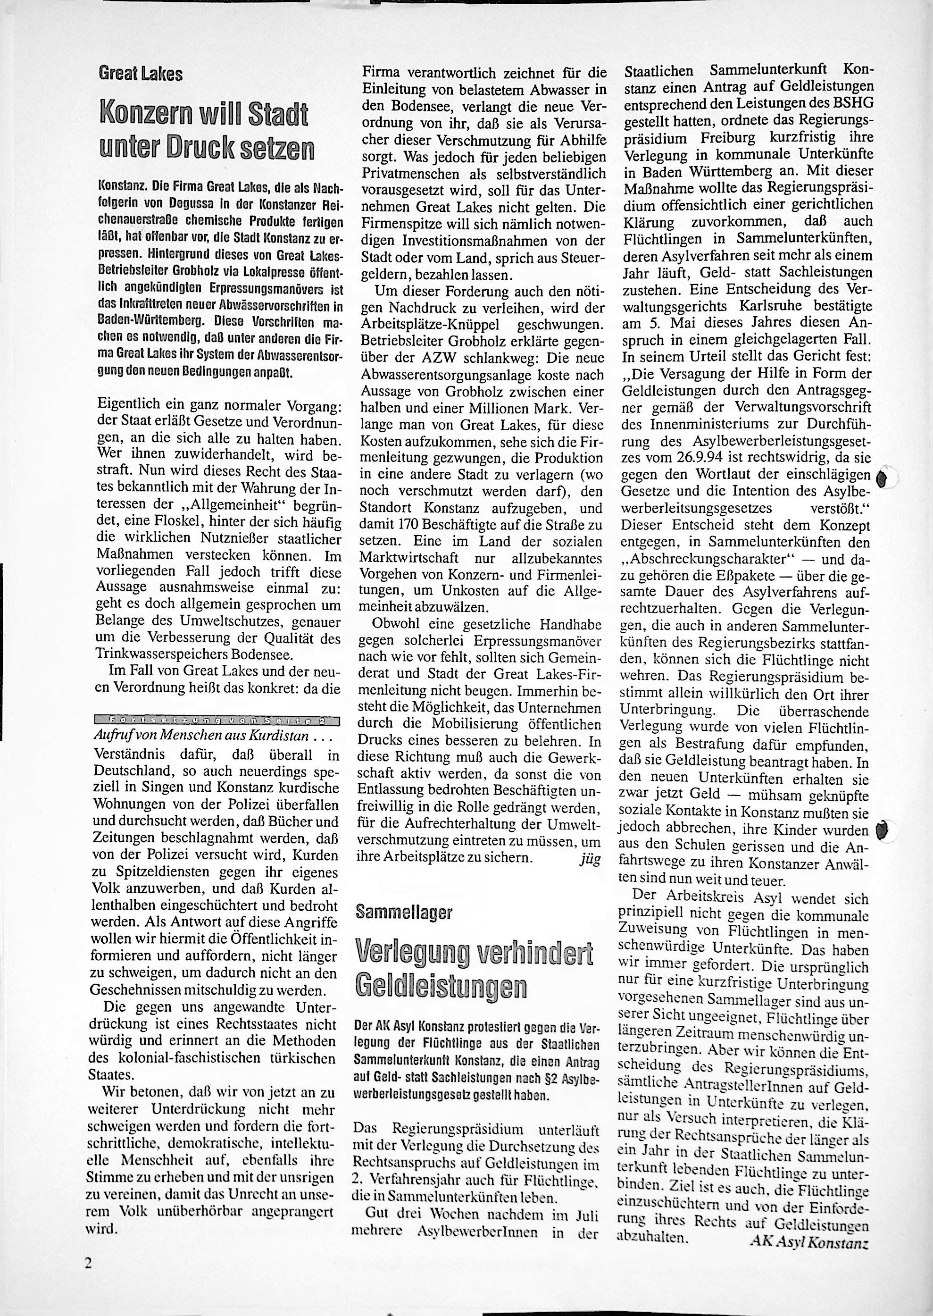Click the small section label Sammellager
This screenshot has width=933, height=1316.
coord(404,912)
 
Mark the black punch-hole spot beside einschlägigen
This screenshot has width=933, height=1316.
coord(883,478)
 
